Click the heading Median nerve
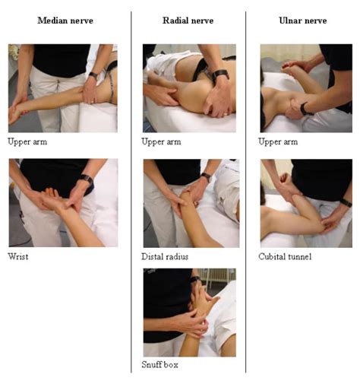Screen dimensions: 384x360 pos(65,20)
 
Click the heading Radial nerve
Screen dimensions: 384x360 pos(188,20)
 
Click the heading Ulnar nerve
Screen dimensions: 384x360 pos(302,20)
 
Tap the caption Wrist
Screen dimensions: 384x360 pos(17,257)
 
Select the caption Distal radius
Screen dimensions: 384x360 pos(165,257)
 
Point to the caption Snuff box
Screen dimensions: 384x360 pos(159,366)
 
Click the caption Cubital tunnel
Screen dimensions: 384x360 pos(285,257)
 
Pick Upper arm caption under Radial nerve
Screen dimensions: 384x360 pos(160,141)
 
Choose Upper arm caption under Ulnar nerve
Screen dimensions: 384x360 pos(278,141)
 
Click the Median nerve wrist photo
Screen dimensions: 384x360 pos(63,203)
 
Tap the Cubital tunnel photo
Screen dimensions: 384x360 pos(305,203)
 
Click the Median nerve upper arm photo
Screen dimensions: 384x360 pos(63,88)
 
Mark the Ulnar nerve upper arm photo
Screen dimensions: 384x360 pos(305,88)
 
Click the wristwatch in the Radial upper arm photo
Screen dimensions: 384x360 pos(220,75)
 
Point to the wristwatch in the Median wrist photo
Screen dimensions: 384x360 pos(87,179)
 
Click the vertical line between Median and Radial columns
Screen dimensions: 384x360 pos(131,190)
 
